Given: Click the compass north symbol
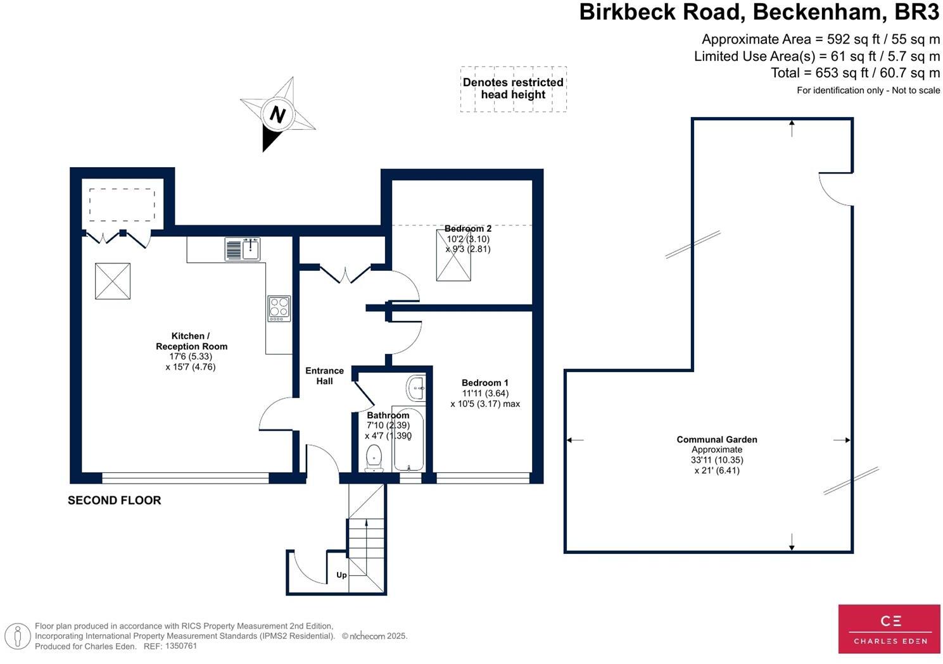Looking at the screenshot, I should point(277,115).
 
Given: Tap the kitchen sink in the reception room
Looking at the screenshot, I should point(243,249).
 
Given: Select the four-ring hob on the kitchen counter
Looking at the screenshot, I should point(279,308).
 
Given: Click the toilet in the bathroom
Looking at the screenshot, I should point(374,458).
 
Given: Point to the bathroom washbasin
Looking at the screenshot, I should point(415,387).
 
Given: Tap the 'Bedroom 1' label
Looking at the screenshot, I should point(484,383).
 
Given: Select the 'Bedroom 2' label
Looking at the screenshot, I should point(467,229).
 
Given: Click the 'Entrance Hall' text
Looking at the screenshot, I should point(324,376).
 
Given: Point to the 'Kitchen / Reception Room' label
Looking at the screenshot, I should point(191,341).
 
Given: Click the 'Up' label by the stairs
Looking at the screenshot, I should point(341,575).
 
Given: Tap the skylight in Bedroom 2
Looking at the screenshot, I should point(453,254).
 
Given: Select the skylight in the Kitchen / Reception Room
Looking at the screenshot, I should point(113,281).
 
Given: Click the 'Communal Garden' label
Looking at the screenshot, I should point(716,439).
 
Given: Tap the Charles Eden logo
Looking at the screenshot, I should point(889,629).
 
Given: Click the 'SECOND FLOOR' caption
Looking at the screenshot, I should point(115,500).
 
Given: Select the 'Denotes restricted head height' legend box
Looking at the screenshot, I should point(513,89).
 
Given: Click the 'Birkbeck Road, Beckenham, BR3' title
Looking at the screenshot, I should point(759,13).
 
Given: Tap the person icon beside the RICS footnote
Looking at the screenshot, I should point(17,636).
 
